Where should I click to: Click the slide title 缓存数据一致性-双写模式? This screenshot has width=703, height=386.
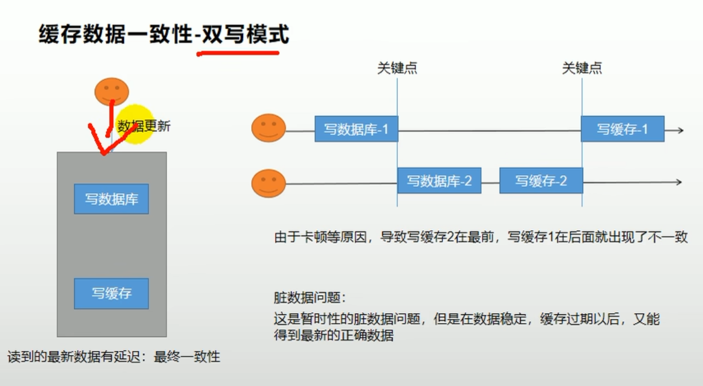[164, 35]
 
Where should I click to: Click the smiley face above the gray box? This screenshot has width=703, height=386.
[112, 91]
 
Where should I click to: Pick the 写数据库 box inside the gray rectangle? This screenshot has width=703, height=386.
[111, 199]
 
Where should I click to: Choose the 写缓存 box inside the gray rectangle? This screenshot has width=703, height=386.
[111, 293]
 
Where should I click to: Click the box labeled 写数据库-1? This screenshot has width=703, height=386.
[356, 129]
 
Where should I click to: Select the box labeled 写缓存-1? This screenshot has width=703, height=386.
[622, 129]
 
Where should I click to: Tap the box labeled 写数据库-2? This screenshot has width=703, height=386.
[439, 181]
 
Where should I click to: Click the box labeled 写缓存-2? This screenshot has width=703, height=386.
[541, 181]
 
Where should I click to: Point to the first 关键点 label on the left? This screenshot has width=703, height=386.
[397, 68]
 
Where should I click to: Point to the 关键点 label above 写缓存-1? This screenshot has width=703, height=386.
[582, 68]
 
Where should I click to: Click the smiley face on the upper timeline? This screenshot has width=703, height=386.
[269, 128]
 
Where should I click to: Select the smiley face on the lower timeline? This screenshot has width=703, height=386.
[269, 183]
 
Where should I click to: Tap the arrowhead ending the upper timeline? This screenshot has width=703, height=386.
[678, 130]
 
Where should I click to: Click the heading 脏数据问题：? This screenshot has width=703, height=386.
[310, 298]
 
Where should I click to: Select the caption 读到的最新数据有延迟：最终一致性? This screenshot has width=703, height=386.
[114, 356]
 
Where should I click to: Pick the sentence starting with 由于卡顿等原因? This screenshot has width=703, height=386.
[481, 237]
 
